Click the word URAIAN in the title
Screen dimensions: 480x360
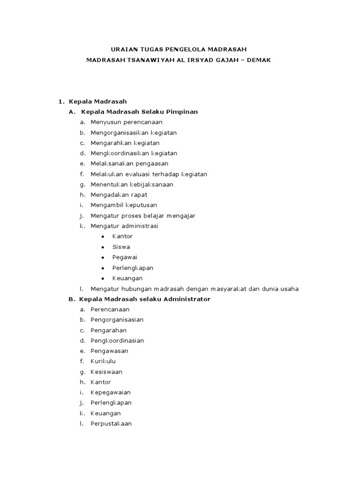click(123, 49)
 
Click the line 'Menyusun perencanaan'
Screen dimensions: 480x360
click(126, 122)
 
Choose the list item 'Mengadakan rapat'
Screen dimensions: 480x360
click(119, 195)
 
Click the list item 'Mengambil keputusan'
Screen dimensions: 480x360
click(124, 205)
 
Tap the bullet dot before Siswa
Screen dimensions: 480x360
click(102, 247)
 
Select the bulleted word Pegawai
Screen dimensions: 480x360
click(124, 257)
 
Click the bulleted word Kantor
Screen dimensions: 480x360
click(122, 236)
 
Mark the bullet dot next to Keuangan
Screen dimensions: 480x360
click(102, 278)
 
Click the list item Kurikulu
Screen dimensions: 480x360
click(103, 361)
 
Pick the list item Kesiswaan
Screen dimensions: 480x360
click(106, 372)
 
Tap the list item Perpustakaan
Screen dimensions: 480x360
click(111, 423)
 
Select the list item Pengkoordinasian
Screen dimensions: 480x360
click(117, 340)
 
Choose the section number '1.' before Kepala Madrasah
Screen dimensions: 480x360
click(60, 101)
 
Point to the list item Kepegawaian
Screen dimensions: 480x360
click(111, 392)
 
